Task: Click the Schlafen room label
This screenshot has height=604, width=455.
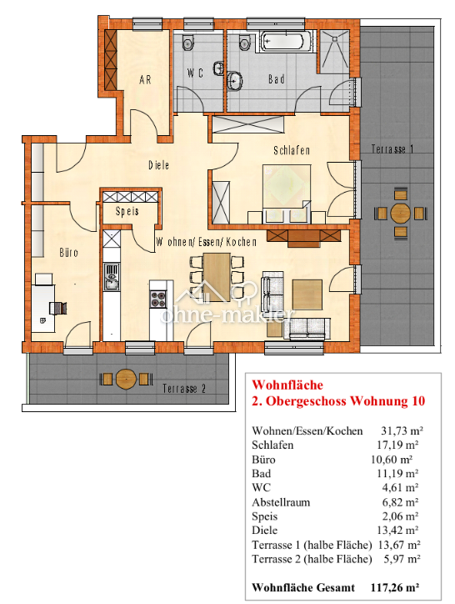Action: coord(292,150)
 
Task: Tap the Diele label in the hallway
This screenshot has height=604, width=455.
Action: coord(158,165)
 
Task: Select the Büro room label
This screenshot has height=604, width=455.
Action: coord(68,251)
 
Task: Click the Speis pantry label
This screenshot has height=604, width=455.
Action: coord(127,212)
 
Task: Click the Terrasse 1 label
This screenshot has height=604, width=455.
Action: coord(392,149)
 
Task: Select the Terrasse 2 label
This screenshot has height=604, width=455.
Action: coord(184,388)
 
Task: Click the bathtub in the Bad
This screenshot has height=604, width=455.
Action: coord(284,41)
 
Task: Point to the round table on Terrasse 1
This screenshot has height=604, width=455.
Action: coord(401,214)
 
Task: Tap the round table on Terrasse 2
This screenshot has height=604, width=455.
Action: coord(126,378)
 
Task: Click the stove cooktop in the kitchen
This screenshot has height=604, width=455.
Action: coord(159,295)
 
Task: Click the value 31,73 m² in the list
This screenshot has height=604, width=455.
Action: coord(400,430)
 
